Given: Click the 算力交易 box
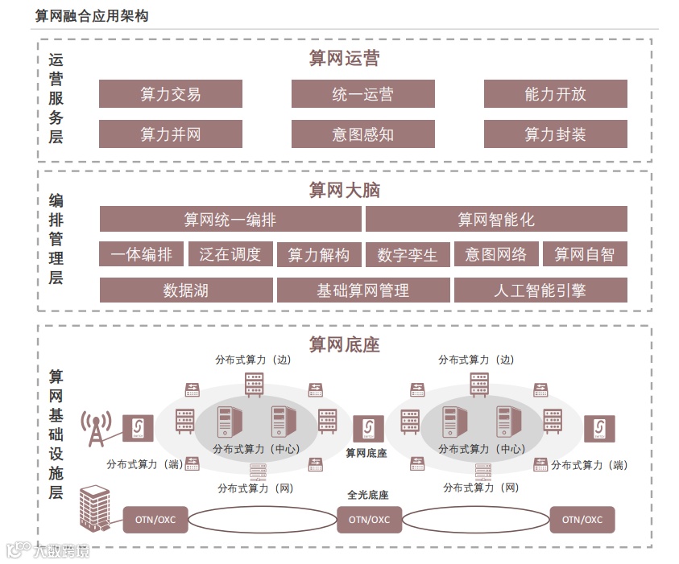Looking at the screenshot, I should coord(170,94).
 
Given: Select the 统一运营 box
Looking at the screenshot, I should coord(362,94).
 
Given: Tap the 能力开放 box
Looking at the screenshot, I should coord(555,94).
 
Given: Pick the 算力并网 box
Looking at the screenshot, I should coord(170,134).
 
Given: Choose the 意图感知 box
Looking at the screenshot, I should coord(362,134).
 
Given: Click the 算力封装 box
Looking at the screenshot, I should coord(555,134).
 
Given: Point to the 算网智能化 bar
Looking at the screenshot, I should coord(495,219).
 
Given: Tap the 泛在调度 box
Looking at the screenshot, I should coord(230,254).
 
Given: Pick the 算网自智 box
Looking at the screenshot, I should coord(584,254).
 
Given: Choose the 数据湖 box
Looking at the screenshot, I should coord(185,290).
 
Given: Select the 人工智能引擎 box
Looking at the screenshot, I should coord(540,290).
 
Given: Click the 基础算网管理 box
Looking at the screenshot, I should coord(362,290).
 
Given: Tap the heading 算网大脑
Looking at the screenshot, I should coord(344,191).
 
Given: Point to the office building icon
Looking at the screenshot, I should coord(93,507).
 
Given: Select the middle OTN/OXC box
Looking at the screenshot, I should coord(369,519).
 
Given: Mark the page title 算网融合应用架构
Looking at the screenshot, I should coord(92,16).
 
